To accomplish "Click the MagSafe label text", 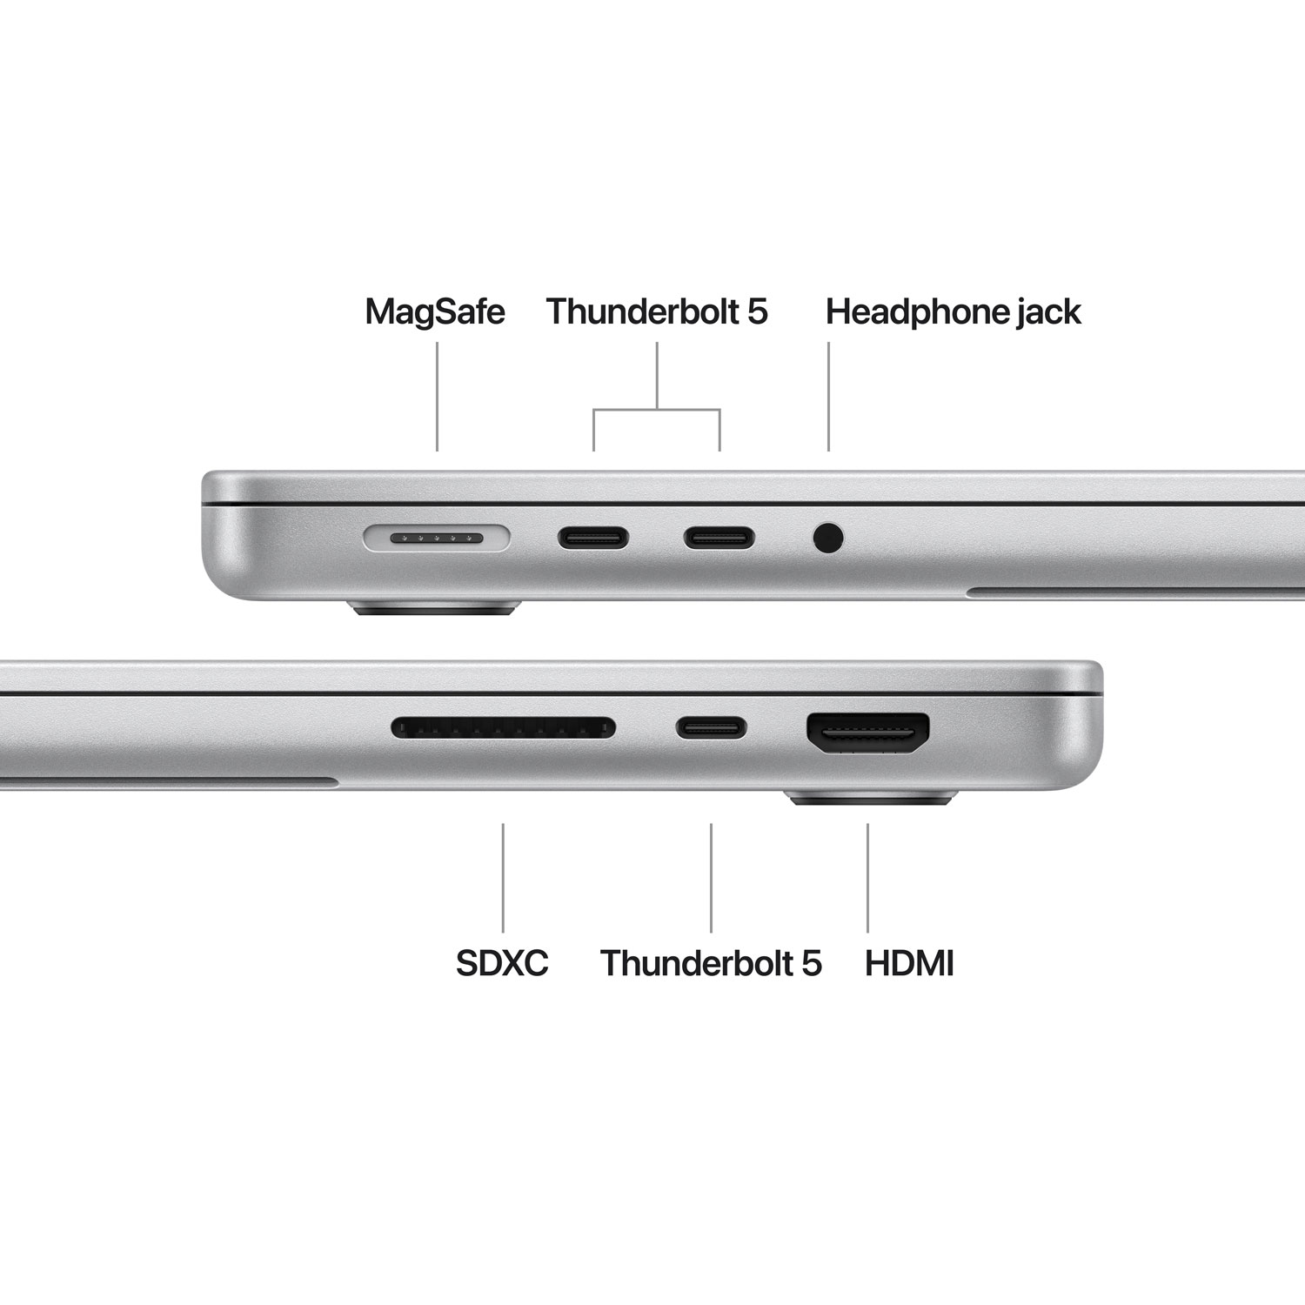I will coord(434,311).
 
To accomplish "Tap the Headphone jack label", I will coord(953,311).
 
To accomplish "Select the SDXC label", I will coord(502,963).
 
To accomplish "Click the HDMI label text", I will coord(909,963).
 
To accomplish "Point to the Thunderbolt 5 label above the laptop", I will coord(657,311).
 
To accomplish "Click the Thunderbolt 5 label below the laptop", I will coord(710,963).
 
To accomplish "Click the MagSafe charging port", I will coord(436,539).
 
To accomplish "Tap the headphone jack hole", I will coord(828,538).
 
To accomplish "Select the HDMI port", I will coord(867,733).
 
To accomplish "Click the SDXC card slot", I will coord(503,727).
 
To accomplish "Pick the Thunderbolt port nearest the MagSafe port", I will coord(593,539).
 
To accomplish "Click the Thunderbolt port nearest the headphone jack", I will coord(719,539).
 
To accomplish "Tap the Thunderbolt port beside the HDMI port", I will coord(712,727).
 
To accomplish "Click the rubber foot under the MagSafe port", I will coord(434,608).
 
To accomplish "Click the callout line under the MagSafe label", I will coord(437,396).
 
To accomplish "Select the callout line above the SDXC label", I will coord(503,877).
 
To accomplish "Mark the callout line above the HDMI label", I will coord(867,877).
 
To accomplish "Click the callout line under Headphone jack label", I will coord(828,396).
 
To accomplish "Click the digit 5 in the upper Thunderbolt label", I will coord(757,311).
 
